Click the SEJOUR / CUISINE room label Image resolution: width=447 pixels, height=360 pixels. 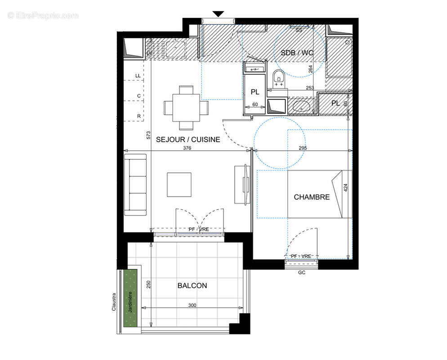click(188, 139)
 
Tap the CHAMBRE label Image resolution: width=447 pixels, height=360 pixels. click(312, 197)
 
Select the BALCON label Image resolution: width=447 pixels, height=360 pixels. click(192, 285)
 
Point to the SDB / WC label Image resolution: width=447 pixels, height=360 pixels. click(296, 53)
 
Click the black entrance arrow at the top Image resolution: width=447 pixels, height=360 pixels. click(218, 14)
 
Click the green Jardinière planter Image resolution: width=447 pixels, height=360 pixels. click(131, 298)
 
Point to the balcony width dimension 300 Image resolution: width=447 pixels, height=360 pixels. click(192, 305)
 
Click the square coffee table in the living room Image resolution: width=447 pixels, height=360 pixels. click(179, 184)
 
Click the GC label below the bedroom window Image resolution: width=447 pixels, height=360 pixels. click(302, 272)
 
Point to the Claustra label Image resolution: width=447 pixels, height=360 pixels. click(114, 302)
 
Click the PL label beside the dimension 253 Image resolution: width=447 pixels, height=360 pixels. click(335, 103)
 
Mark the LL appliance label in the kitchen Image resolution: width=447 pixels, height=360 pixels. click(139, 76)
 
